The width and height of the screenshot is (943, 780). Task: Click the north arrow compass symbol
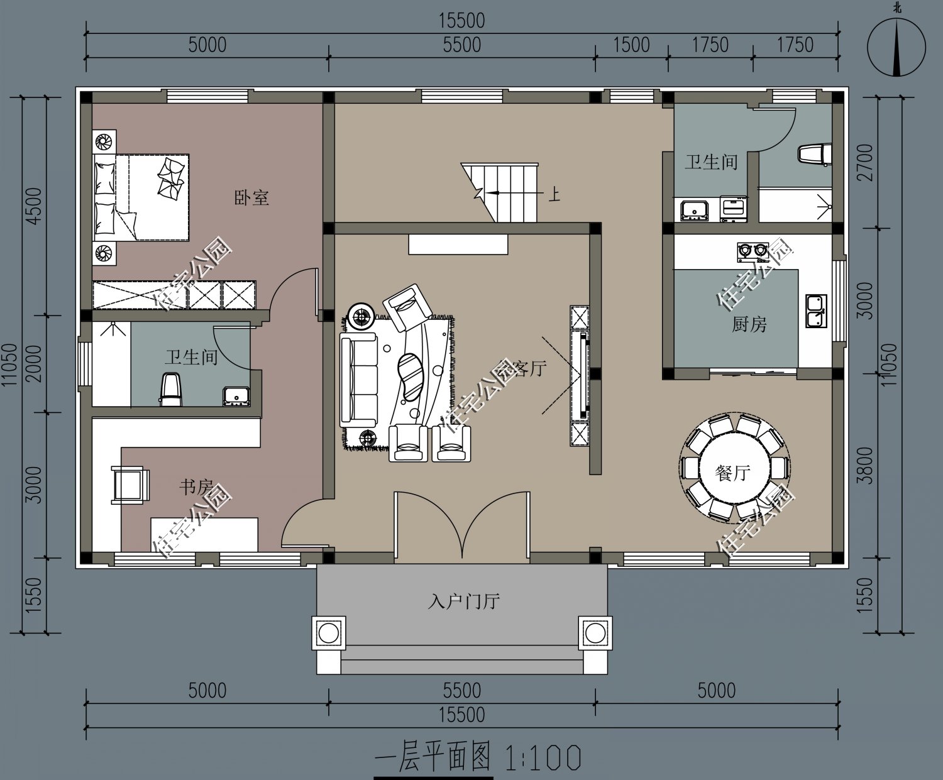tap(896, 47)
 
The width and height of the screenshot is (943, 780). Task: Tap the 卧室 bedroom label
tap(251, 198)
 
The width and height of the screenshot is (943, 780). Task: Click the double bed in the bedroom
tap(141, 197)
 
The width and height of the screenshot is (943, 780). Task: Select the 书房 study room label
tap(196, 487)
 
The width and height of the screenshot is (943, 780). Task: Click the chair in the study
tap(131, 485)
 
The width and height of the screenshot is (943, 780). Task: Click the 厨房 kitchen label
tap(749, 324)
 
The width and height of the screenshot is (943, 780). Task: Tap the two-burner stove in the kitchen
tap(753, 251)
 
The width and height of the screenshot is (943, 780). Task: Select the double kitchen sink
tap(815, 311)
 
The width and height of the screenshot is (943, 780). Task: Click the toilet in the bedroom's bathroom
tap(170, 388)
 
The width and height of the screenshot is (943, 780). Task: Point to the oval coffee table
tap(411, 376)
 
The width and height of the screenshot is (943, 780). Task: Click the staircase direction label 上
tap(553, 194)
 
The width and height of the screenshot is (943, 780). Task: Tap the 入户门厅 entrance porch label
tap(463, 601)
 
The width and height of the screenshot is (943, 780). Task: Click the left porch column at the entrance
tap(329, 633)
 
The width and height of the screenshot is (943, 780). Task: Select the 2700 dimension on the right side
tap(866, 162)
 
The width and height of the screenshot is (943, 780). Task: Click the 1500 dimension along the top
tap(631, 45)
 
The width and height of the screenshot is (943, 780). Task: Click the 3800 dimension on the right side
tap(866, 465)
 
